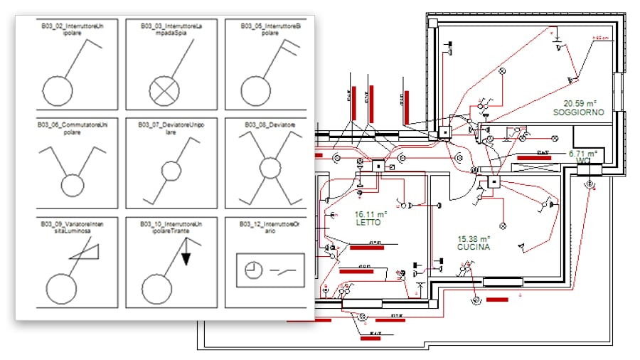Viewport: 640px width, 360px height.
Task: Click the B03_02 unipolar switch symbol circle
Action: tap(58, 90)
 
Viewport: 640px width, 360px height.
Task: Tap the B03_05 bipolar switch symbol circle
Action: tap(256, 90)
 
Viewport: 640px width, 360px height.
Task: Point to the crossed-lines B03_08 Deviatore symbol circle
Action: tap(270, 169)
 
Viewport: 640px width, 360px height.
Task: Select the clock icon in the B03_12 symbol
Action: tap(253, 270)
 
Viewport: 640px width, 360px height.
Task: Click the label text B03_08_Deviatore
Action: tap(270, 125)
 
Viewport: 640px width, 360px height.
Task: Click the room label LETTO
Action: tap(369, 223)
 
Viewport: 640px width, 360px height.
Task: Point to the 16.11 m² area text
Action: tap(370, 213)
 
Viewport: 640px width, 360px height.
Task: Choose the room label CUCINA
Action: tap(474, 247)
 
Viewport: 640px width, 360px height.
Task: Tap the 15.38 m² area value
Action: tap(473, 238)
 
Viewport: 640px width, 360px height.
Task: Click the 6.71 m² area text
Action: tap(585, 152)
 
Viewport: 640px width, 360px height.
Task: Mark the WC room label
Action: tap(584, 161)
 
